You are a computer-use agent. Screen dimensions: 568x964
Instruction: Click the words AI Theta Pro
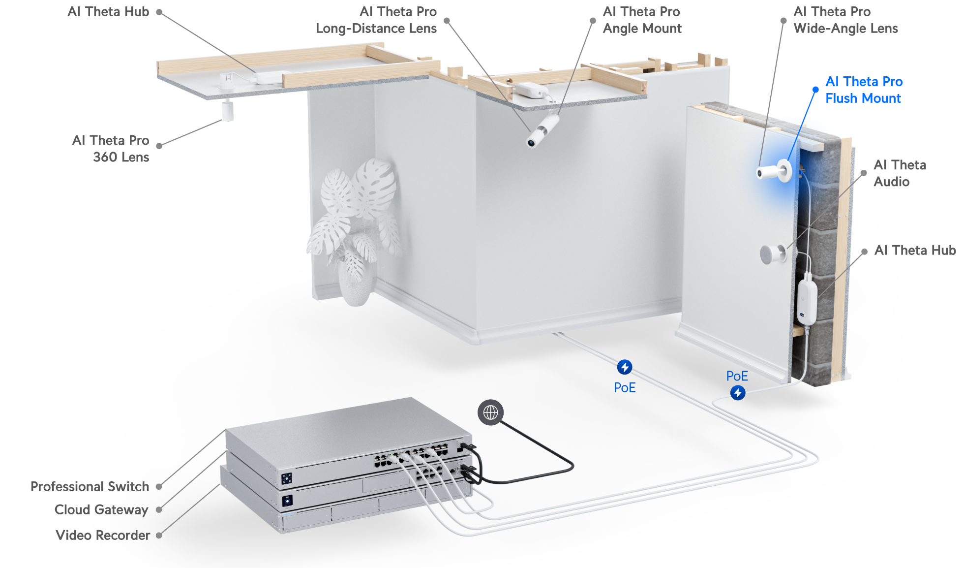[x=864, y=82]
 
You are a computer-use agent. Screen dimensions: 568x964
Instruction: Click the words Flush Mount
[x=863, y=98]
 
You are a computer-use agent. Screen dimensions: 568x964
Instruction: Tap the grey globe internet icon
[x=490, y=412]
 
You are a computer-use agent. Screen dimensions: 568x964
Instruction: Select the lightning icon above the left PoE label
[x=625, y=367]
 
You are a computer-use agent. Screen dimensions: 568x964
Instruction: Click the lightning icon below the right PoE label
[x=737, y=393]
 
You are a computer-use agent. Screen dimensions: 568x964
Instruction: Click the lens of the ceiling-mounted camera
[x=532, y=143]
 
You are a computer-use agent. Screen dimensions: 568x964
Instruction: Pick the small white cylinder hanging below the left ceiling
[x=227, y=111]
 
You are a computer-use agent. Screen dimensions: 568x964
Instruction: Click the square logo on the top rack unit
[x=287, y=478]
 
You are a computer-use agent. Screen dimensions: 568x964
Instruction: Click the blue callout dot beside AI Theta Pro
[x=815, y=90]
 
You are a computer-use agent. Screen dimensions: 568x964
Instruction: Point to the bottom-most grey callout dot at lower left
[x=159, y=536]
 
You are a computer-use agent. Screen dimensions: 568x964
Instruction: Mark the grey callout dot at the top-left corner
[x=159, y=12]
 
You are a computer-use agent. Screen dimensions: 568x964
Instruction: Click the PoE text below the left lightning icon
[x=625, y=388]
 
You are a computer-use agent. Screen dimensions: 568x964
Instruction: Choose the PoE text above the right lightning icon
[x=737, y=377]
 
